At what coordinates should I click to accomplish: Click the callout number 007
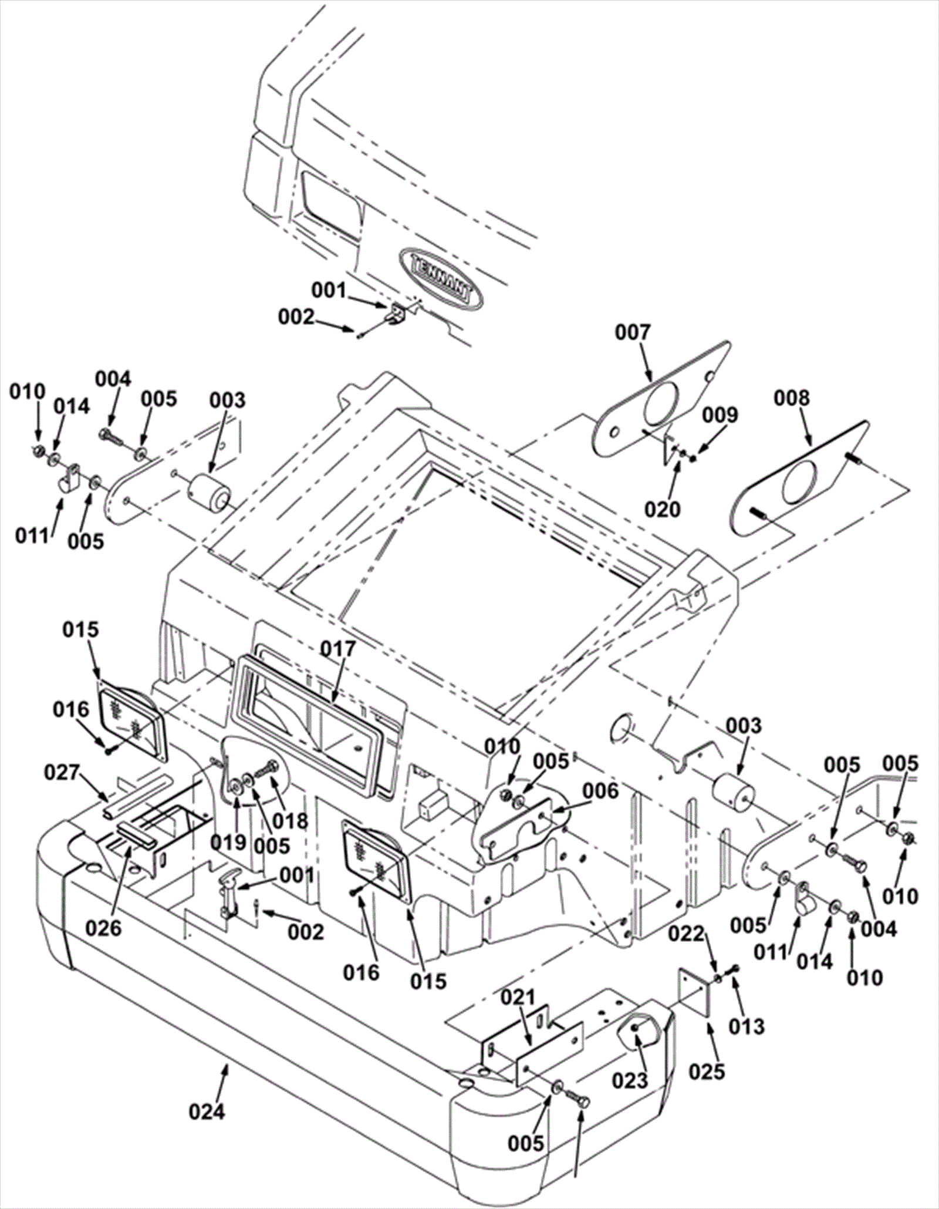[633, 333]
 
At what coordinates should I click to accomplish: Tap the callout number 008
[791, 398]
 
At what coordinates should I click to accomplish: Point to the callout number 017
[338, 649]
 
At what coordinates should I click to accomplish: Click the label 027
[63, 772]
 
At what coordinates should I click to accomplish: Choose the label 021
[518, 996]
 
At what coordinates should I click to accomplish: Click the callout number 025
[707, 1072]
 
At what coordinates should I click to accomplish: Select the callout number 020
[663, 508]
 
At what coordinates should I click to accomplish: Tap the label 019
[228, 843]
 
